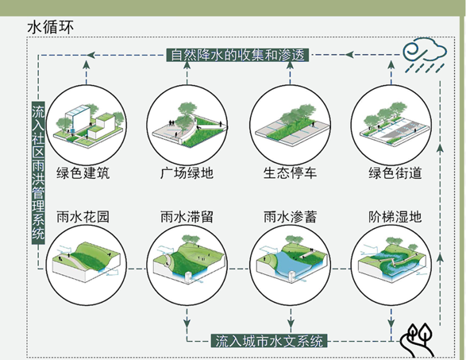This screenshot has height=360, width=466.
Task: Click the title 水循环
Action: pyautogui.click(x=50, y=27)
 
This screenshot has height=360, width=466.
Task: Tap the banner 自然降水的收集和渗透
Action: pyautogui.click(x=237, y=55)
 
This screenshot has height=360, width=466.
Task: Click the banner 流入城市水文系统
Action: pyautogui.click(x=269, y=341)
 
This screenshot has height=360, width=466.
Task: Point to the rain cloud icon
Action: pyautogui.click(x=425, y=55)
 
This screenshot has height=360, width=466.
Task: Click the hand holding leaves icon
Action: pyautogui.click(x=418, y=340)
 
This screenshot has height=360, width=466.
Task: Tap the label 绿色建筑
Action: pyautogui.click(x=83, y=173)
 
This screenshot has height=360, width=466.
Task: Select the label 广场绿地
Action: pyautogui.click(x=187, y=173)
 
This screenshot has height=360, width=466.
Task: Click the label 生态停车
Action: pyautogui.click(x=290, y=173)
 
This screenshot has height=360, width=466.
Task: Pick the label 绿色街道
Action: pyautogui.click(x=395, y=173)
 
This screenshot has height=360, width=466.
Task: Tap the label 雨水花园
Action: pyautogui.click(x=83, y=217)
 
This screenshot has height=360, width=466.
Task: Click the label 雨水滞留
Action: pyautogui.click(x=187, y=217)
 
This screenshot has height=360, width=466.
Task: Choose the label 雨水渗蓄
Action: pyautogui.click(x=290, y=217)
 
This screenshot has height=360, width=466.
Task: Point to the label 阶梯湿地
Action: pyautogui.click(x=395, y=217)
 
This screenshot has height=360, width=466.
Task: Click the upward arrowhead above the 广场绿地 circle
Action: pyautogui.click(x=187, y=65)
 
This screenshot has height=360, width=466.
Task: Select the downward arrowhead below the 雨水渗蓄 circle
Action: pyautogui.click(x=291, y=323)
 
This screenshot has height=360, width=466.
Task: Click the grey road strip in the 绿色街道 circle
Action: pyautogui.click(x=399, y=132)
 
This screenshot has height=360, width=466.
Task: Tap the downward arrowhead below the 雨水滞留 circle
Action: pyautogui.click(x=187, y=323)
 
